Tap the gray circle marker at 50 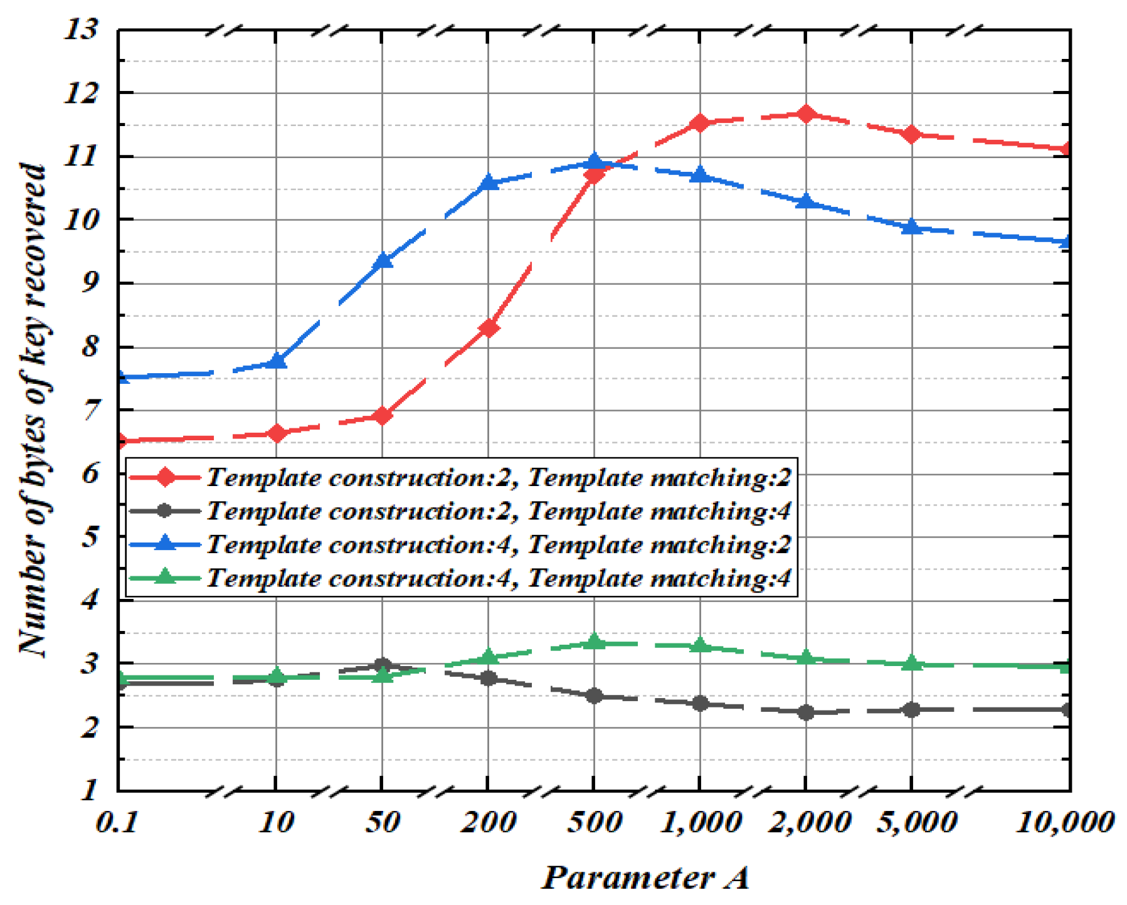(x=382, y=665)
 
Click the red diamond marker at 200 (x=489, y=327)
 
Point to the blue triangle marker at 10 (x=277, y=362)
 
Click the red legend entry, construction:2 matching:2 (x=461, y=478)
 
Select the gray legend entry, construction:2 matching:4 (x=461, y=511)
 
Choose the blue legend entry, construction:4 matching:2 (x=461, y=544)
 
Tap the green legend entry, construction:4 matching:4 (x=461, y=578)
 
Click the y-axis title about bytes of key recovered (x=33, y=411)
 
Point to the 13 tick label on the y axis (x=82, y=29)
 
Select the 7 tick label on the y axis (x=90, y=411)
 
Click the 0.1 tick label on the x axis (x=117, y=822)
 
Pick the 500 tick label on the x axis (x=594, y=822)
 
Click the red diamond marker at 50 (x=382, y=415)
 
